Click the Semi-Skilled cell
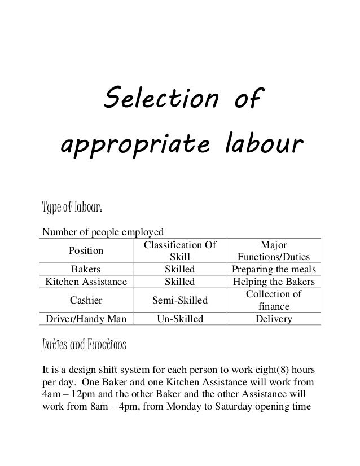pyautogui.click(x=179, y=300)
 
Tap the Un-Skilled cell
pyautogui.click(x=179, y=319)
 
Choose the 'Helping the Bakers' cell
pyautogui.click(x=274, y=282)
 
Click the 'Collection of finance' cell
pyautogui.click(x=274, y=300)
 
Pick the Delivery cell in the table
pyautogui.click(x=274, y=319)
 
